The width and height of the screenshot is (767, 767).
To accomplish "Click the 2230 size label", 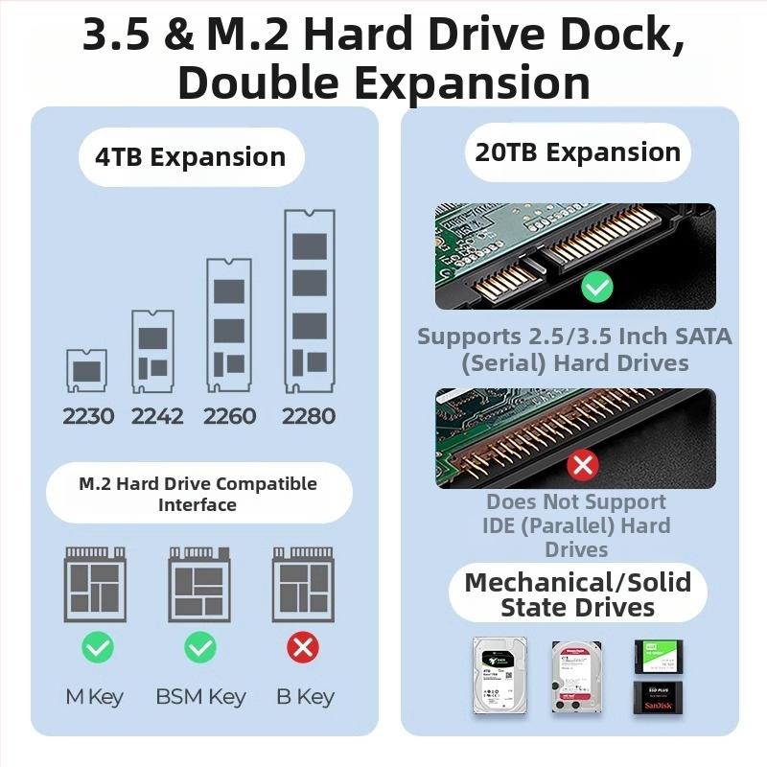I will click(88, 416).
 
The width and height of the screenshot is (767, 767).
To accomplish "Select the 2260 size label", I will click(230, 416).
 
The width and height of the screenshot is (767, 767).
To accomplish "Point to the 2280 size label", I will click(309, 416).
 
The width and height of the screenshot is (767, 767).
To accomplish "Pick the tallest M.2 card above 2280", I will click(309, 301).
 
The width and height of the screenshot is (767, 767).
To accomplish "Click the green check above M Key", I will click(97, 648).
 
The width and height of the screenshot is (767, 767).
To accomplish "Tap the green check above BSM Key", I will click(200, 648).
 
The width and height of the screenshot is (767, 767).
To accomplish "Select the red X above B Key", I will click(303, 648).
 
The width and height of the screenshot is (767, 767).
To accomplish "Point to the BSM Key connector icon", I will click(200, 585).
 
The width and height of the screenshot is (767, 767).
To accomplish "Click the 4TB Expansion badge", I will click(190, 157).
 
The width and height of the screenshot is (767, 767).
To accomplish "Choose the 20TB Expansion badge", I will click(577, 152).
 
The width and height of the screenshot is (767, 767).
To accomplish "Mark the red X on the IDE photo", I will click(583, 466).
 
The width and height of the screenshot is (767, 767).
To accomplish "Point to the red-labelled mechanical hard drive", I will click(576, 677).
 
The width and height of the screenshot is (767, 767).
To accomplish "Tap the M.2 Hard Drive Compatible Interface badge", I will click(198, 494).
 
